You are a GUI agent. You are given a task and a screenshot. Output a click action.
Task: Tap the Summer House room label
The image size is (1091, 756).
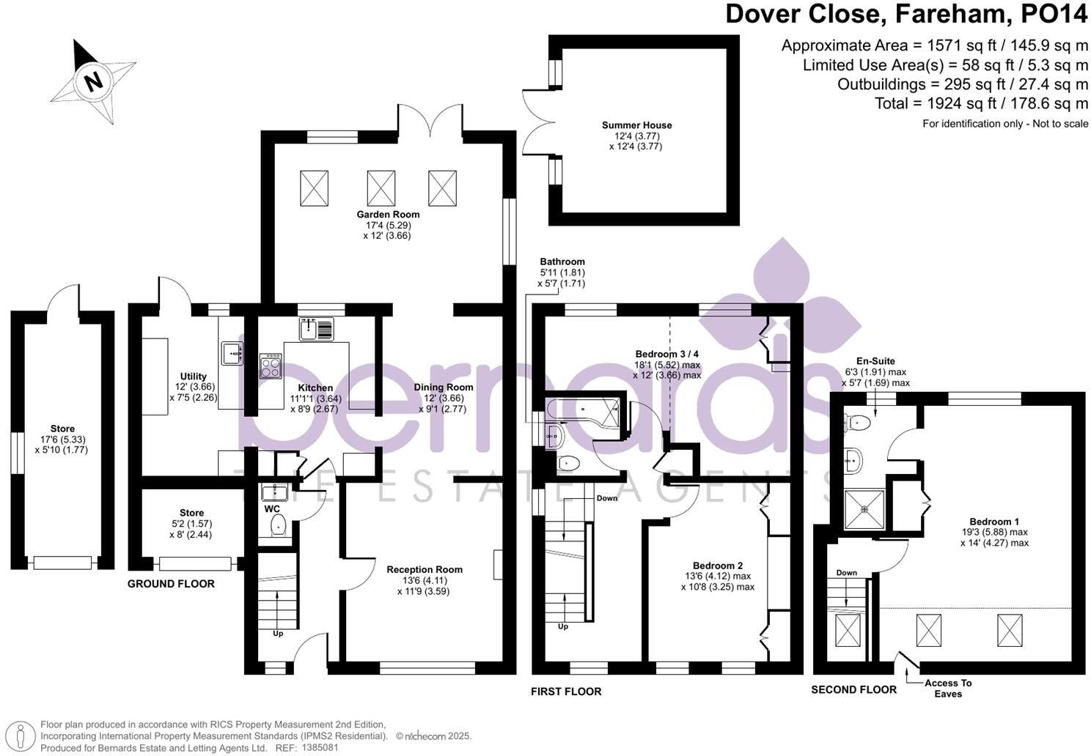[x=636, y=125]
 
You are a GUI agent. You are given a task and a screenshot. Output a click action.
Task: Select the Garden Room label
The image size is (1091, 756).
[x=388, y=214]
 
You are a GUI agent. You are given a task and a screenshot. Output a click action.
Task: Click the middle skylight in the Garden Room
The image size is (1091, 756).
[x=381, y=188]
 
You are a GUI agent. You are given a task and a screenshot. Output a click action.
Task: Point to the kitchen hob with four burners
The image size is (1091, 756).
[x=271, y=366]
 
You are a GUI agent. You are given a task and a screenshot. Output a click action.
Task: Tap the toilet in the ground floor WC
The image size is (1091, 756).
[x=278, y=525]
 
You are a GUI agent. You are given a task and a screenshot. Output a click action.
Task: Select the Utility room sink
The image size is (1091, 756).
[x=232, y=352]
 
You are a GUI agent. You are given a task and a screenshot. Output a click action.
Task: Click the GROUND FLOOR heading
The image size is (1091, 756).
[x=171, y=584]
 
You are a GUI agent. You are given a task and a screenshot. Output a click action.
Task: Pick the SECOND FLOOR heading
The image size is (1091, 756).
[x=853, y=689]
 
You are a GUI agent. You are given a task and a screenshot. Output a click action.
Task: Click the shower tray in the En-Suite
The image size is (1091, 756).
[x=864, y=509]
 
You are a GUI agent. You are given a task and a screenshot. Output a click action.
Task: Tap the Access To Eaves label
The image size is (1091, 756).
[x=948, y=689]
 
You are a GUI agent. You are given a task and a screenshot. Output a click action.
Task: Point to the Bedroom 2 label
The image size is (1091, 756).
[x=717, y=566]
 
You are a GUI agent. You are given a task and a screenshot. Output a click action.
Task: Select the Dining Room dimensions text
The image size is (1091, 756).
[x=442, y=404]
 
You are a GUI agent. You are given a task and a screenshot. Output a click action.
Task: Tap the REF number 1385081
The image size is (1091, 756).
[x=320, y=748]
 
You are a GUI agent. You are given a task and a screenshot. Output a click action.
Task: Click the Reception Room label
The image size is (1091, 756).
[x=425, y=569]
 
